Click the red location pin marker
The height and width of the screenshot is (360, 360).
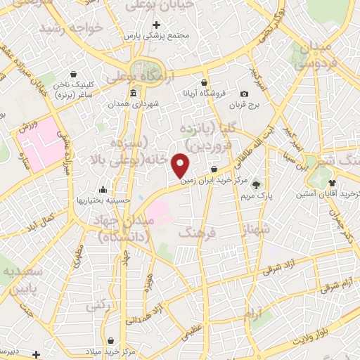pos(181,165)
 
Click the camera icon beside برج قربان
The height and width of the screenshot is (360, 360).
pos(244,94)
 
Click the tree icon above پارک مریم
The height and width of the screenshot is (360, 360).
pos(257,184)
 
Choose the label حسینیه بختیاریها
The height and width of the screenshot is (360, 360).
pos(104,200)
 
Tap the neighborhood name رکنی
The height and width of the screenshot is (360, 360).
pos(96,307)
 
